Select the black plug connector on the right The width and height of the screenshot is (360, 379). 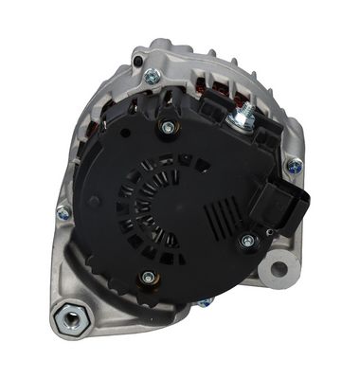(290, 205)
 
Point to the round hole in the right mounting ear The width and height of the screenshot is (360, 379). (279, 268)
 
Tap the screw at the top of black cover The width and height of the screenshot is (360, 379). (169, 127)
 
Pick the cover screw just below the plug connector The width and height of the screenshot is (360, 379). (247, 241)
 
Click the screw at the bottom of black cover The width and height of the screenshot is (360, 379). (148, 278)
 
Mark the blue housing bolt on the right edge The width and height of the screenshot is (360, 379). (295, 166)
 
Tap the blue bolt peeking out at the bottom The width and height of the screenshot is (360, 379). (204, 304)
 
